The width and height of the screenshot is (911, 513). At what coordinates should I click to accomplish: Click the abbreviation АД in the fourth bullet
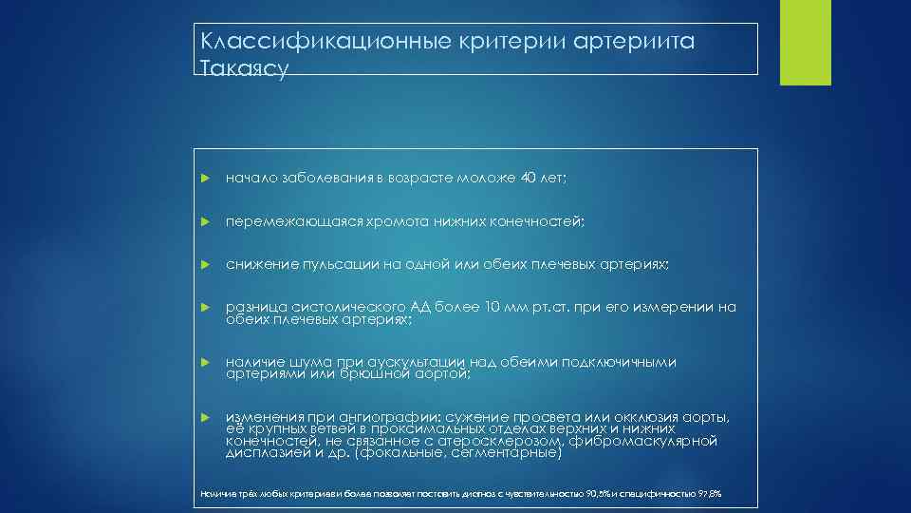coord(422,307)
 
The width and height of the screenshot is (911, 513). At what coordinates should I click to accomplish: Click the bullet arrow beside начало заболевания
coord(204,178)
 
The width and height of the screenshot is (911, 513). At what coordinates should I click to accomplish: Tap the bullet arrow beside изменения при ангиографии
coord(204,418)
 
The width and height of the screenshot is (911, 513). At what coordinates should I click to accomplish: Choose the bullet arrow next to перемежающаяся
coord(204,222)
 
